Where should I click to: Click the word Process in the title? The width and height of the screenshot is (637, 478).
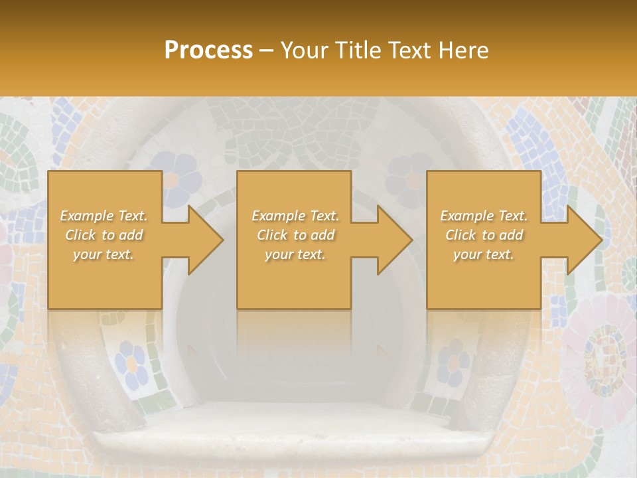click(x=208, y=50)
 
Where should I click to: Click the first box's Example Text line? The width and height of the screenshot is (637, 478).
click(x=104, y=216)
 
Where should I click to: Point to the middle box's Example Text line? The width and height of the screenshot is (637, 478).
click(x=295, y=216)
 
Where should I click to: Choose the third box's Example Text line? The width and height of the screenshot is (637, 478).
click(x=484, y=216)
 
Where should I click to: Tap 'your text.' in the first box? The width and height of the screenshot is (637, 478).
click(x=104, y=254)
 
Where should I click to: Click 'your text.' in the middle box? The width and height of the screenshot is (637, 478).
click(x=295, y=254)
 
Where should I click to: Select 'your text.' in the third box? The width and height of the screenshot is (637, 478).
click(x=484, y=254)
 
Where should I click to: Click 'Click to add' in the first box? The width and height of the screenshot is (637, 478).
click(x=104, y=235)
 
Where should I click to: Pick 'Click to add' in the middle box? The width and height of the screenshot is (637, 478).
click(x=295, y=235)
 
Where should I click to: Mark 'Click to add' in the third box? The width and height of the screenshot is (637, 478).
click(x=484, y=235)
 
